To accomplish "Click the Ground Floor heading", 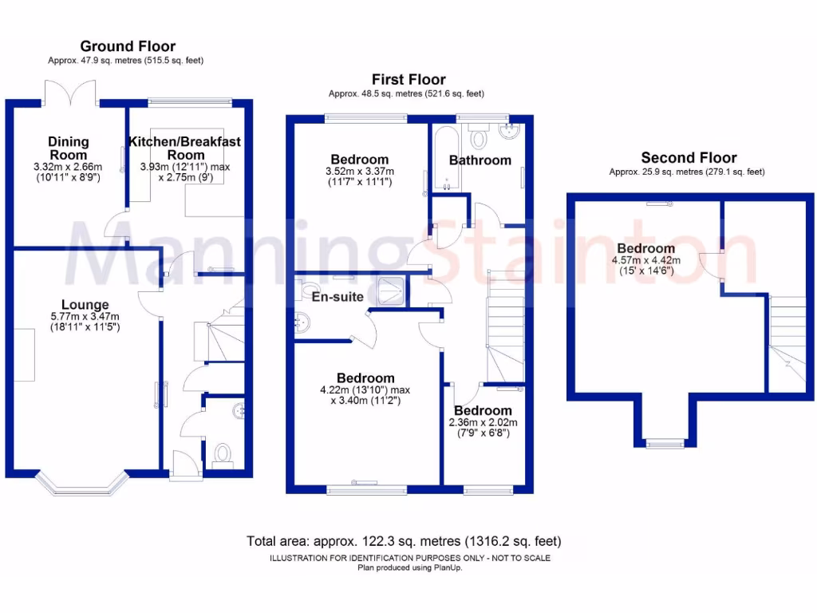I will (128, 46).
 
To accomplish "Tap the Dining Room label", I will (69, 148).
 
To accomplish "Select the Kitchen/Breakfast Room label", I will (185, 148).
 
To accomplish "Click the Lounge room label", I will (85, 305).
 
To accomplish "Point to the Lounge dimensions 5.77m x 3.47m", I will (85, 317).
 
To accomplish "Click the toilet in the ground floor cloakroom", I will (222, 454).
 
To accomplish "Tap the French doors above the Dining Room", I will (71, 93).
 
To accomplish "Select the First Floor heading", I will (408, 79).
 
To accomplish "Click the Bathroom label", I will (480, 160).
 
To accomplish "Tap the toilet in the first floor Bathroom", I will (479, 140).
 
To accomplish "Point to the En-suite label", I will (338, 297).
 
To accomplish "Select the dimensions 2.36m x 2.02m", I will (483, 422).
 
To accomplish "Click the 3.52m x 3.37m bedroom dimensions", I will (360, 172).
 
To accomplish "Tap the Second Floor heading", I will (689, 158).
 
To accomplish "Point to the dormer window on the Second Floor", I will (665, 443).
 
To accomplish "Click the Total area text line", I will (405, 541).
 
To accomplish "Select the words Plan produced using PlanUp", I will (409, 568).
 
